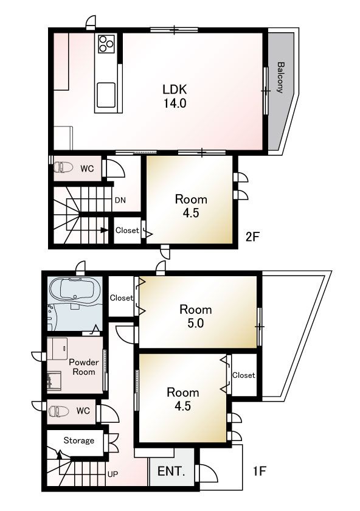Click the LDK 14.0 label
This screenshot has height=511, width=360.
pyautogui.click(x=175, y=96)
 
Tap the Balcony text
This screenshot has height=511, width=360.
pyautogui.click(x=280, y=78)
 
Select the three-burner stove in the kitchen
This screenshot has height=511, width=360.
pyautogui.click(x=106, y=44)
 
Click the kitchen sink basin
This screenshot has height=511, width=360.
pyautogui.click(x=106, y=95)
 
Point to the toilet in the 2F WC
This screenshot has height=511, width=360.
pyautogui.click(x=63, y=167)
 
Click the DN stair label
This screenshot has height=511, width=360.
pyautogui.click(x=120, y=200)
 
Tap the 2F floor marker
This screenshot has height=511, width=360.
pyautogui.click(x=252, y=237)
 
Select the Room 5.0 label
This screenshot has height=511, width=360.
pyautogui.click(x=196, y=316)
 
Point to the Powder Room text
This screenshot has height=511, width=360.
pyautogui.click(x=84, y=367)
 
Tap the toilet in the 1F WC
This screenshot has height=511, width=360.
pyautogui.click(x=58, y=411)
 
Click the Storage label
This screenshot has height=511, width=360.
pyautogui.click(x=79, y=440)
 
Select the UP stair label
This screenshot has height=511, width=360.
pyautogui.click(x=112, y=474)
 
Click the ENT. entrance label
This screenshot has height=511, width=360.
pyautogui.click(x=171, y=471)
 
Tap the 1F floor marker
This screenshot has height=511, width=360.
pyautogui.click(x=259, y=471)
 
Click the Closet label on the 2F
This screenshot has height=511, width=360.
pyautogui.click(x=127, y=231)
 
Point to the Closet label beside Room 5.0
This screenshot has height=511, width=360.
pyautogui.click(x=121, y=298)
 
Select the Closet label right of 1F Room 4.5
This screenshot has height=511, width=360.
pyautogui.click(x=243, y=375)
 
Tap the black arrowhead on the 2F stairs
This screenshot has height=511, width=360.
pyautogui.click(x=104, y=230)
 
